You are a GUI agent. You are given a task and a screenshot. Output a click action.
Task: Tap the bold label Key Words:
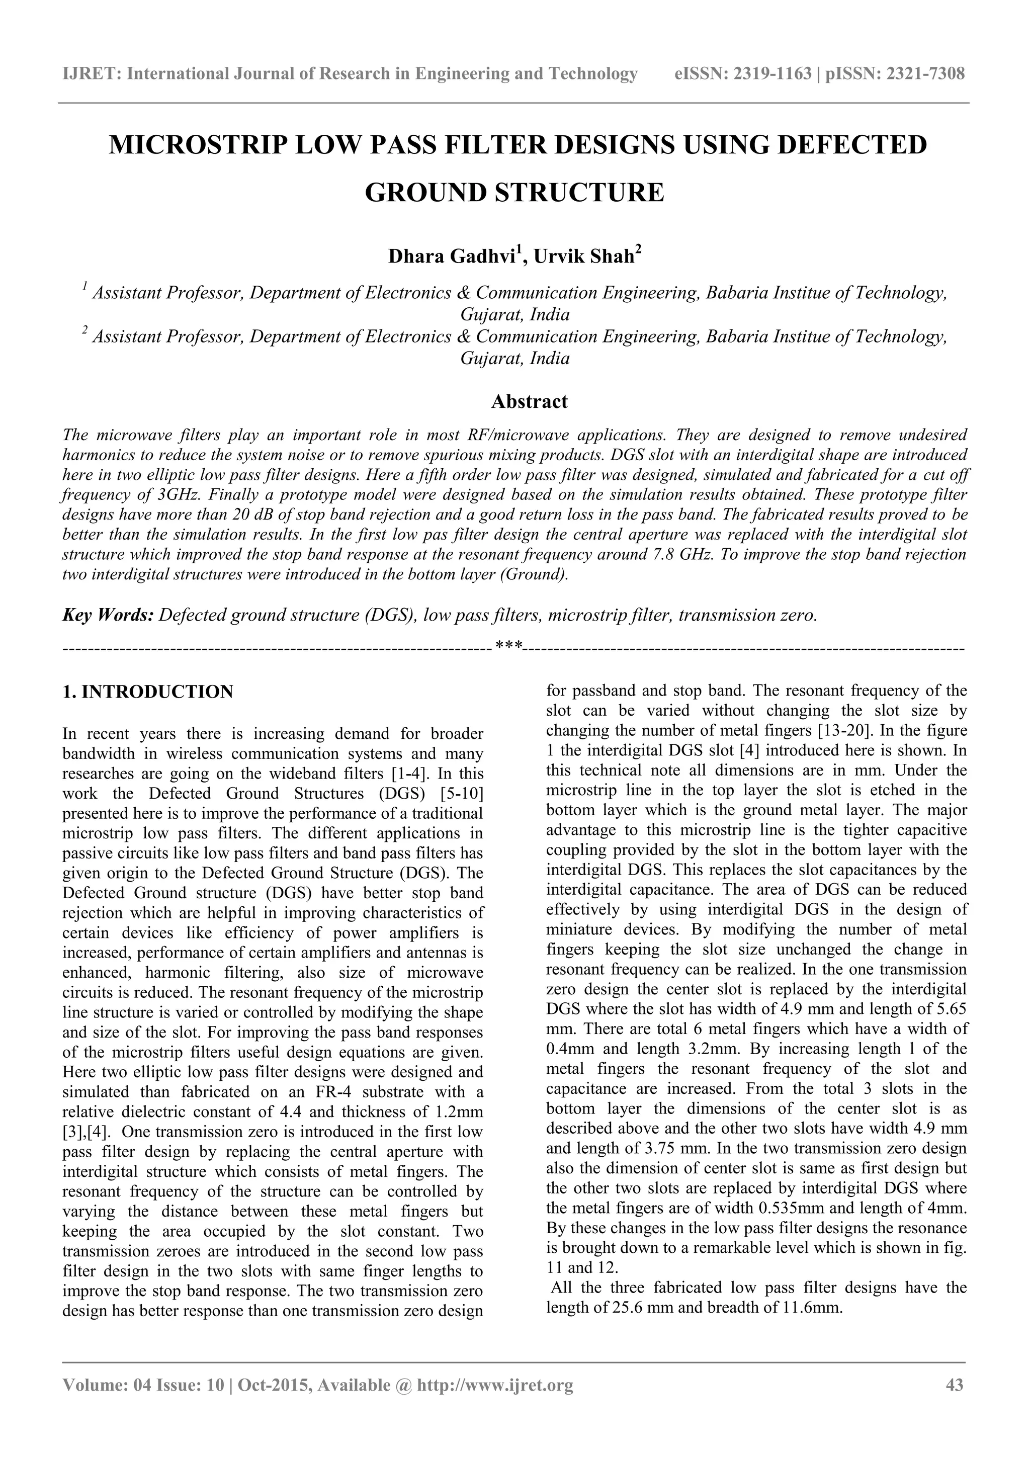108,615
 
